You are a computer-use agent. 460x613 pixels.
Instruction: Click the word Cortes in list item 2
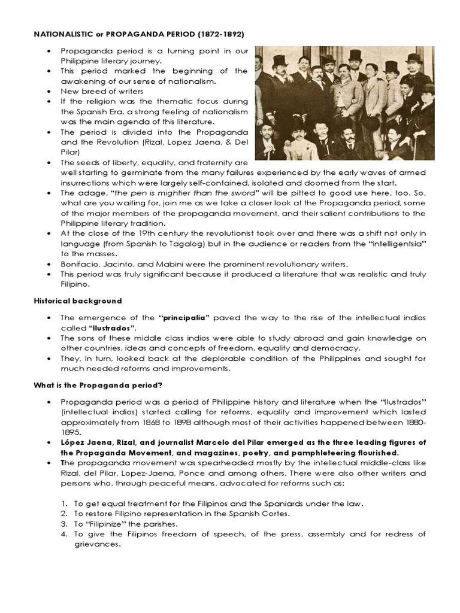(265, 514)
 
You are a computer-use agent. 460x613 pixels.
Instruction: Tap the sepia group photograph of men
(344, 104)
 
